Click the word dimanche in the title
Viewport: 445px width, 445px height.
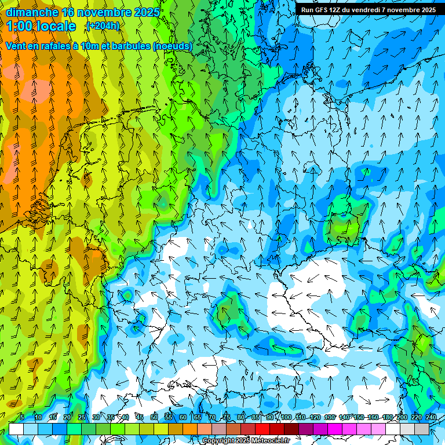pos(32,12)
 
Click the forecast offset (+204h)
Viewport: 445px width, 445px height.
pos(103,26)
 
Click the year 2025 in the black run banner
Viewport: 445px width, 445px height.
pos(426,10)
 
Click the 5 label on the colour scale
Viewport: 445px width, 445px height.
pos(22,417)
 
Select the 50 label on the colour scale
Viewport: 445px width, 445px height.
pos(154,417)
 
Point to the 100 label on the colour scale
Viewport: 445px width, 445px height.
pos(286,417)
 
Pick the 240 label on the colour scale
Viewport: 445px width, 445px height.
pos(431,417)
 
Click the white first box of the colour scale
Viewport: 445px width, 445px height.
pos(16,429)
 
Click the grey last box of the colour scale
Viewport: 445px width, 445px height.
pos(422,429)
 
